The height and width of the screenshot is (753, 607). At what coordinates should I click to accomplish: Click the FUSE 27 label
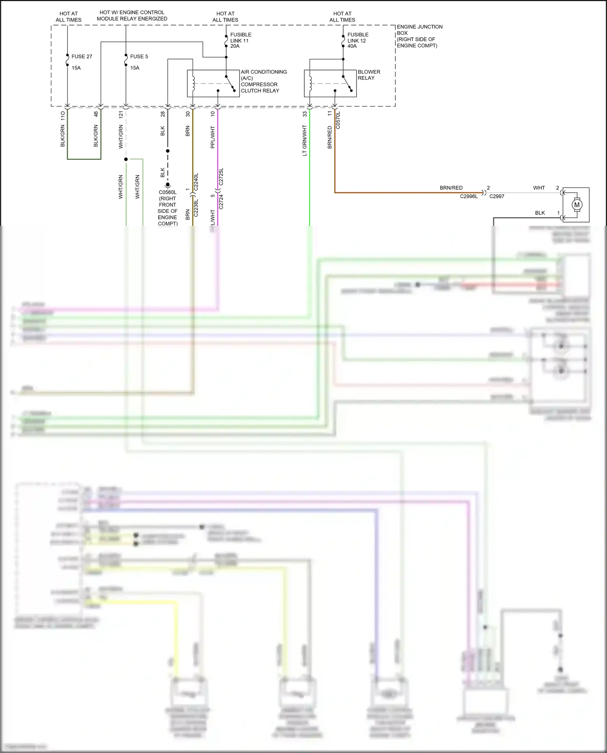81,57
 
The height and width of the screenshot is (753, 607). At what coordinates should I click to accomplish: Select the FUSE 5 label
139,57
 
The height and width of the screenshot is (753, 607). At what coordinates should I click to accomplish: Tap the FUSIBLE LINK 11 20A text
240,40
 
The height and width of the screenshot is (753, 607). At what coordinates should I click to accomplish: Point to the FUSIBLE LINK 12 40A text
358,40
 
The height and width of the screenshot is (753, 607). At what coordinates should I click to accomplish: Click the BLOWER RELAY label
369,75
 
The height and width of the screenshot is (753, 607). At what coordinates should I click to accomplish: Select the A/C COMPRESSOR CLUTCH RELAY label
263,81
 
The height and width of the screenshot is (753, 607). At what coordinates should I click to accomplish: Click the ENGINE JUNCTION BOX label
419,36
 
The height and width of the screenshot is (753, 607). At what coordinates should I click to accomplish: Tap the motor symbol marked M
577,205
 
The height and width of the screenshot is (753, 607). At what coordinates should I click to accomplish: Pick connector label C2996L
469,196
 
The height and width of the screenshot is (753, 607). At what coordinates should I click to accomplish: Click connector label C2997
497,196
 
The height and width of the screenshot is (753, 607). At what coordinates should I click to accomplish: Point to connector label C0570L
338,120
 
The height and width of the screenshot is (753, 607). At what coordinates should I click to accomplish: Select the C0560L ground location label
168,208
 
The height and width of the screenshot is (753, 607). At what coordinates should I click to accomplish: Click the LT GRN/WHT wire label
305,140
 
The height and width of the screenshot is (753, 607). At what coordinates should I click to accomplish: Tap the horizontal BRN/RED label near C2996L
451,188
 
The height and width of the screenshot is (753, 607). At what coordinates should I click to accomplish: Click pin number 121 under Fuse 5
121,115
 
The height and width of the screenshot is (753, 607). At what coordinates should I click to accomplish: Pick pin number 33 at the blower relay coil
305,115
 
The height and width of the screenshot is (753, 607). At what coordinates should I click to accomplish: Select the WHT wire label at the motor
539,188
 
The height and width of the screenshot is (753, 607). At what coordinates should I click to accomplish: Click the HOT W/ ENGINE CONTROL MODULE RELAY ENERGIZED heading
132,15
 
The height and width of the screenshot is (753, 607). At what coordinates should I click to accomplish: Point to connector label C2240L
196,182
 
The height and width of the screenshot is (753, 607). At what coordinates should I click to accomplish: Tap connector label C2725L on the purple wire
221,177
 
